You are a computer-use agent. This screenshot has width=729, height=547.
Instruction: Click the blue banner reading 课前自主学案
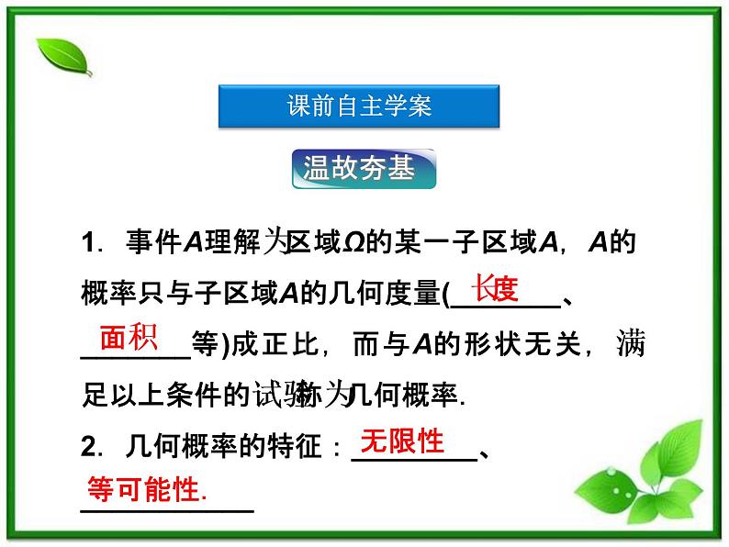359,106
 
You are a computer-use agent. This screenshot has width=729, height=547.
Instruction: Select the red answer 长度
495,289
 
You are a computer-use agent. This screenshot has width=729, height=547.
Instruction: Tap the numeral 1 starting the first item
88,244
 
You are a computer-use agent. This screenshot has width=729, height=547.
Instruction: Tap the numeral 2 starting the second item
88,448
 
